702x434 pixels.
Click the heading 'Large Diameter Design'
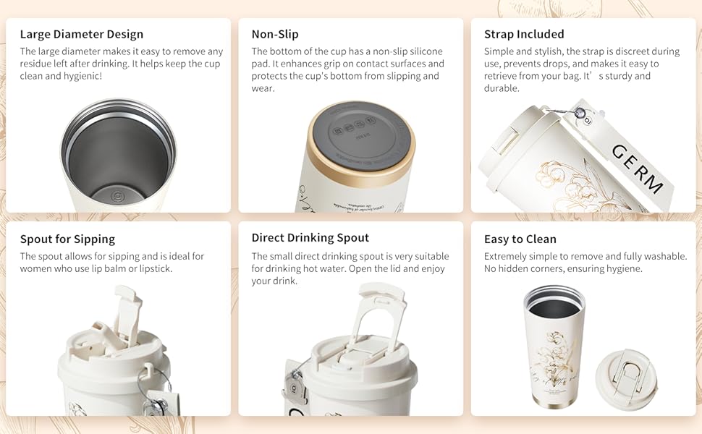[82, 34]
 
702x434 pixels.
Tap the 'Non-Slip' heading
[275, 34]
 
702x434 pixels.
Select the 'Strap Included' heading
[524, 34]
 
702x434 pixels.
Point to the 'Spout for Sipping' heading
[67, 239]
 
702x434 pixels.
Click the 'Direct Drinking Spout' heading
[310, 238]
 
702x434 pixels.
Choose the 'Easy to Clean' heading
[520, 239]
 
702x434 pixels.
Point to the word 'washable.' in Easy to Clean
[664, 256]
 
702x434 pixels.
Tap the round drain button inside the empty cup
[117, 195]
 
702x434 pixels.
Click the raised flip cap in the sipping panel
[128, 311]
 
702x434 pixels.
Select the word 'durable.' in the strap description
[502, 88]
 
